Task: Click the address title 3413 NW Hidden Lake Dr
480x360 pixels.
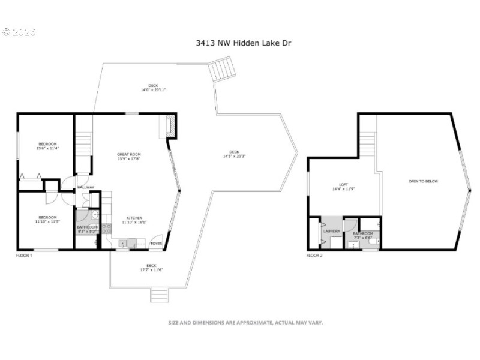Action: click(x=244, y=43)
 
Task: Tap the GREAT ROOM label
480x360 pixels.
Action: click(x=128, y=155)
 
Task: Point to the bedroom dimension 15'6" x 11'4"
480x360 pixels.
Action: click(x=48, y=148)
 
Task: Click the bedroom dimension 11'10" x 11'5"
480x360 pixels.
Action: click(x=48, y=221)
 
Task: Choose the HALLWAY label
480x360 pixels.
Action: click(x=86, y=187)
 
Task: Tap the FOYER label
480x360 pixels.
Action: click(x=156, y=244)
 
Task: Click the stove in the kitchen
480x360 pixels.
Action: click(x=107, y=228)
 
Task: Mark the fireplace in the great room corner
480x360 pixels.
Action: click(x=170, y=127)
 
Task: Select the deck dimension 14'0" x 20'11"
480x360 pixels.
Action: click(x=153, y=89)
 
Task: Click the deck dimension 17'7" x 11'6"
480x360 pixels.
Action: click(x=152, y=269)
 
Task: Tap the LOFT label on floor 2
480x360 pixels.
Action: click(x=344, y=185)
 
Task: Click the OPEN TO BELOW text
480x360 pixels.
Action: click(x=422, y=181)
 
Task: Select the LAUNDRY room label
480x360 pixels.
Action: click(x=332, y=231)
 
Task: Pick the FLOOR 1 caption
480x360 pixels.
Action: click(x=24, y=256)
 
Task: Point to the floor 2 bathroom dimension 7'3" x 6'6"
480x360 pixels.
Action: click(x=362, y=238)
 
